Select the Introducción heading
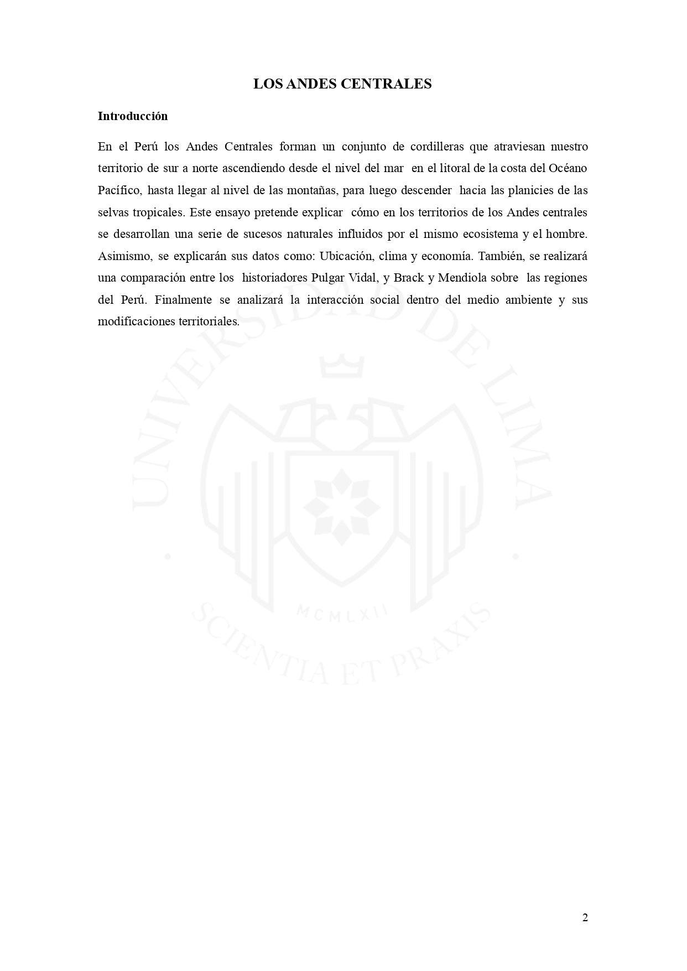pos(132,116)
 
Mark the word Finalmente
pos(183,300)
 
